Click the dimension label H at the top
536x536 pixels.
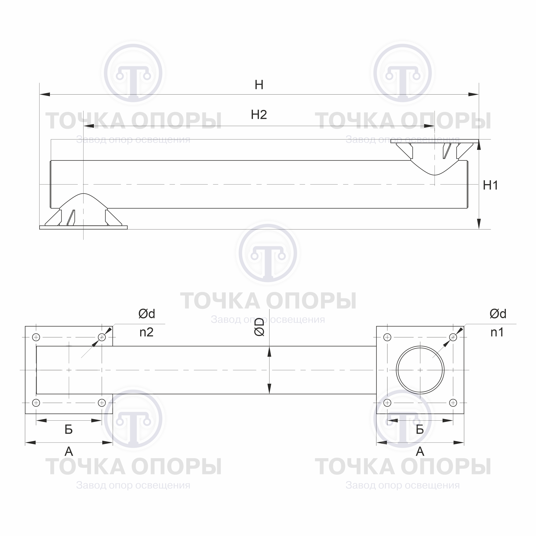pyautogui.click(x=259, y=85)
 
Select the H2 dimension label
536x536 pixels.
pyautogui.click(x=259, y=115)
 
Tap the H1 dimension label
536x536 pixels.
pyautogui.click(x=490, y=185)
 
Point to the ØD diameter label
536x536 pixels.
pyautogui.click(x=259, y=327)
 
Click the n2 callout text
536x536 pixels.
pyautogui.click(x=146, y=332)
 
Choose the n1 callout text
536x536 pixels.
pyautogui.click(x=497, y=332)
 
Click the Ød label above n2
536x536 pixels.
pyautogui.click(x=147, y=314)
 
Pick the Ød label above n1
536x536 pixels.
pyautogui.click(x=498, y=314)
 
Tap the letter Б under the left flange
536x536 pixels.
pyautogui.click(x=69, y=429)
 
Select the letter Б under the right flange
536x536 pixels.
pyautogui.click(x=420, y=429)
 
